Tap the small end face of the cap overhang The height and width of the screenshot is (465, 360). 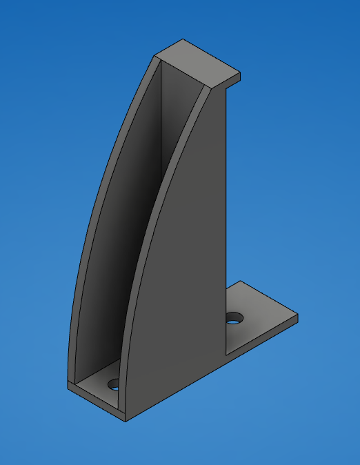pyautogui.click(x=233, y=81)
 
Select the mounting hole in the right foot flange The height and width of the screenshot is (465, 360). pyautogui.click(x=235, y=318)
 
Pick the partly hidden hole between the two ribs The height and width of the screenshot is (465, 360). pyautogui.click(x=112, y=384)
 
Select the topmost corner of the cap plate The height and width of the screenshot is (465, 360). pyautogui.click(x=183, y=39)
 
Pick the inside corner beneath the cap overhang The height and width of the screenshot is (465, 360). pyautogui.click(x=226, y=88)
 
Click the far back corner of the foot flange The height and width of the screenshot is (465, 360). pyautogui.click(x=238, y=281)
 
